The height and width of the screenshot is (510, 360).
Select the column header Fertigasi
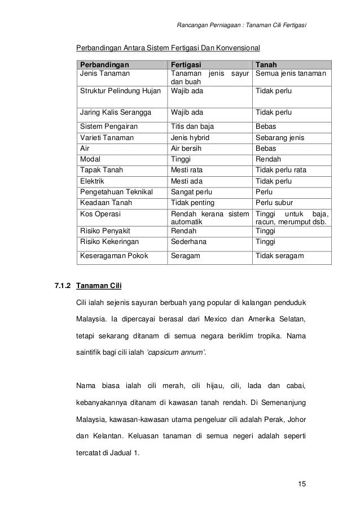[x=186, y=63]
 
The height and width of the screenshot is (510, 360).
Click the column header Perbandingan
[x=104, y=63]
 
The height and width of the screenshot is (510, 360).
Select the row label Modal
[x=91, y=159]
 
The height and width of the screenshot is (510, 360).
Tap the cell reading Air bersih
[x=187, y=149]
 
